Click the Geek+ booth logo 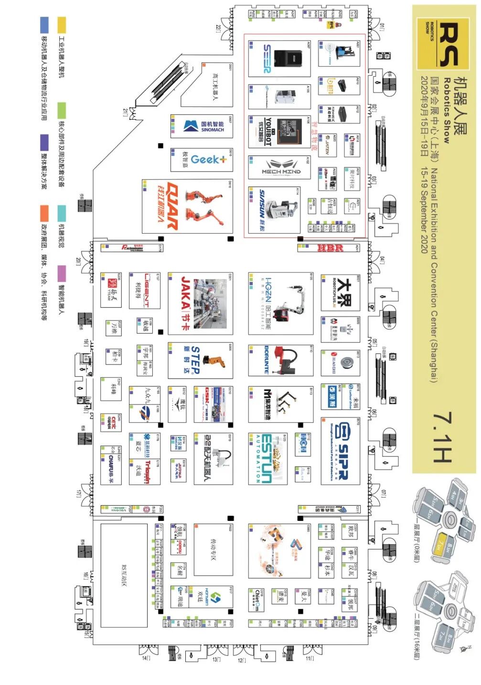point(209,159)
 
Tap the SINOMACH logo point(203,126)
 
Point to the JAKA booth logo point(186,304)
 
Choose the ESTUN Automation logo point(266,458)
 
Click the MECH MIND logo point(281,167)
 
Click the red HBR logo point(331,248)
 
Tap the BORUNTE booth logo point(266,360)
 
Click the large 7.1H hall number point(442,437)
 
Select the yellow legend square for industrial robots point(62,25)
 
